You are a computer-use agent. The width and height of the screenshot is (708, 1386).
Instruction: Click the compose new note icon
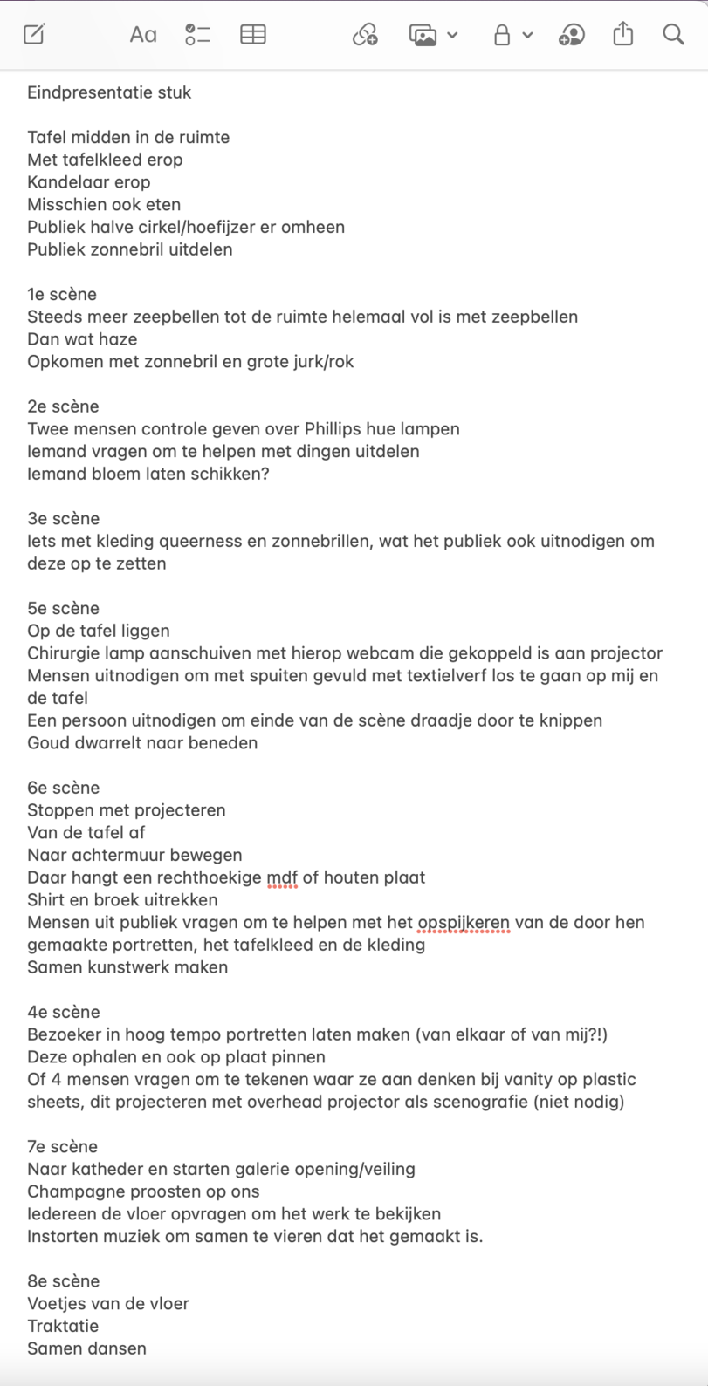(x=34, y=35)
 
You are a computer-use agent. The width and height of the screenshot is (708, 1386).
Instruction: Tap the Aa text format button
(x=143, y=35)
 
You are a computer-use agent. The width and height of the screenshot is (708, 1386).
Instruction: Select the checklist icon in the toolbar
(x=198, y=35)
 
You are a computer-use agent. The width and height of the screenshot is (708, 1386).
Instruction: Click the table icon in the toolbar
(x=253, y=35)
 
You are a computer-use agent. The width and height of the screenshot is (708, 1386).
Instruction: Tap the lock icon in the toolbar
(x=502, y=35)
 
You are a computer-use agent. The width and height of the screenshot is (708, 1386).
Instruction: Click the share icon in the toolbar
(x=623, y=35)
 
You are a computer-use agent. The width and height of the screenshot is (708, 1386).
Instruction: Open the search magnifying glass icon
(x=673, y=35)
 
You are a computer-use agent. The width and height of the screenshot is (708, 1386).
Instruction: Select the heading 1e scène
(x=62, y=294)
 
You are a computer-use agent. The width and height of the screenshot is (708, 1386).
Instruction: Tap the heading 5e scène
(x=64, y=608)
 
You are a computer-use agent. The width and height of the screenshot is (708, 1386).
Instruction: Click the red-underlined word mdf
(x=282, y=877)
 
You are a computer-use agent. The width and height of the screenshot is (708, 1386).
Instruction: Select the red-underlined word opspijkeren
(x=464, y=923)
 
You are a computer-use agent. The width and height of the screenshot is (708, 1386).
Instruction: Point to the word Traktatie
(x=63, y=1326)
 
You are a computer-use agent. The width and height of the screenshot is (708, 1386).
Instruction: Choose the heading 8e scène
(x=64, y=1281)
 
